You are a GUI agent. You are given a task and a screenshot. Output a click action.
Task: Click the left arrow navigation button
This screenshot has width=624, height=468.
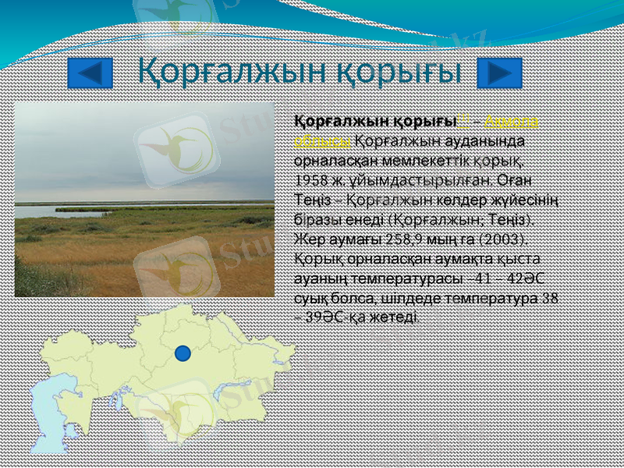coord(90,73)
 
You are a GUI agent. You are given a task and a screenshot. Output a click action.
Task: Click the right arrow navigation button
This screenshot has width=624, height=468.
coord(499,73)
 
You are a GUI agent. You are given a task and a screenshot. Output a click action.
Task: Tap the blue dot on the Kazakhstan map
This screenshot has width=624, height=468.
coord(183,353)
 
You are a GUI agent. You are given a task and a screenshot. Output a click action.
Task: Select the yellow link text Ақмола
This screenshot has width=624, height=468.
coord(514,122)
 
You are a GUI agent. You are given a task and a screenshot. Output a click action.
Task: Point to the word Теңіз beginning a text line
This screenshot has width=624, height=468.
coord(310,198)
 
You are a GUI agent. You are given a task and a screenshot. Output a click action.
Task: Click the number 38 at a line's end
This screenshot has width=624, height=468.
coord(550,297)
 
